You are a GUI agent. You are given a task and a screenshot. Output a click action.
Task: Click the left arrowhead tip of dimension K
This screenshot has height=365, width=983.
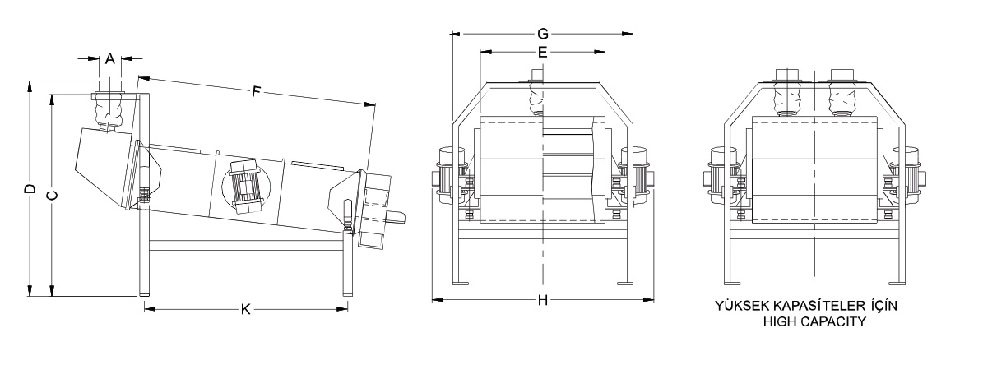click(144, 307)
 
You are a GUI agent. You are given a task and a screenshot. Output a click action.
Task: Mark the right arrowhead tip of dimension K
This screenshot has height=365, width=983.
click(348, 307)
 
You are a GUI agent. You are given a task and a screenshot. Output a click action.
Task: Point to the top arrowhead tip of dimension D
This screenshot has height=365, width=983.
click(30, 81)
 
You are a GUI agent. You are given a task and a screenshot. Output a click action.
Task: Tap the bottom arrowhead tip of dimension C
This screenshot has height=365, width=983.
click(52, 295)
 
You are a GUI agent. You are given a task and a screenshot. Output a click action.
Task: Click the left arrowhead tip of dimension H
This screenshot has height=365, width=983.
click(433, 300)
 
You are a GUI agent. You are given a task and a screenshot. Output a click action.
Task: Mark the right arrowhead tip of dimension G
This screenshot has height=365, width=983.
click(633, 34)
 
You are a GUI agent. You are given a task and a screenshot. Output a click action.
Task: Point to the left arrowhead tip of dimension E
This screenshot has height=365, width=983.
click(480, 53)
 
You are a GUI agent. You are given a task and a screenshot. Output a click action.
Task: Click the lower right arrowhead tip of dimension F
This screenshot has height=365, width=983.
click(375, 104)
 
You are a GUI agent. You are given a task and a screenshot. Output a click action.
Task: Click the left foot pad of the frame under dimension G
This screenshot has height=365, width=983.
click(460, 283)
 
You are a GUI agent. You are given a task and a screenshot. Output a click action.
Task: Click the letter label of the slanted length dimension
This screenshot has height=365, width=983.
click(256, 91)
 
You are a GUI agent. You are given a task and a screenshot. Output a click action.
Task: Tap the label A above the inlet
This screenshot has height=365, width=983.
click(109, 59)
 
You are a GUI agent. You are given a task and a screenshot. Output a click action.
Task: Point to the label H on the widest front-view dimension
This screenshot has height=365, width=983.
click(543, 301)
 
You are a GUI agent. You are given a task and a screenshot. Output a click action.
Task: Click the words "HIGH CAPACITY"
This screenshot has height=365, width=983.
click(814, 321)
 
